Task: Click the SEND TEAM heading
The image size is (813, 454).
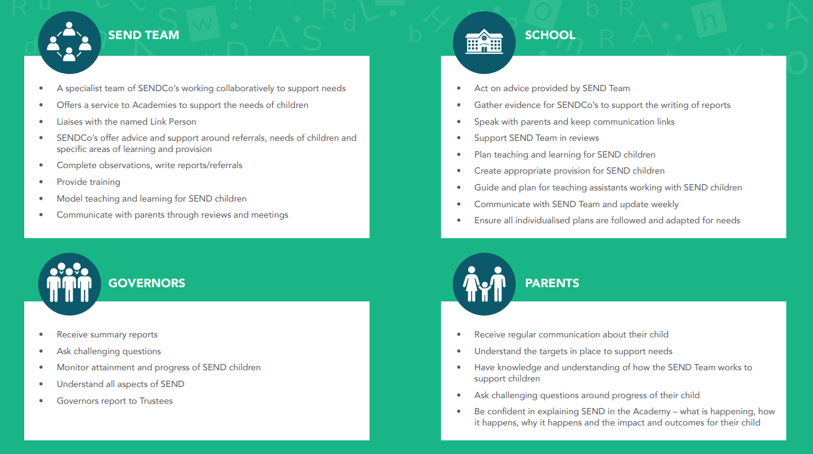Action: click(x=143, y=35)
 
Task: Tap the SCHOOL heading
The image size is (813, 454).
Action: click(x=550, y=35)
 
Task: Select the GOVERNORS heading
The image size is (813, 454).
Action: click(x=147, y=283)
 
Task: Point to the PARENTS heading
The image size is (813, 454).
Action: click(x=552, y=283)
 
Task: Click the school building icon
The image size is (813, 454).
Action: click(x=484, y=42)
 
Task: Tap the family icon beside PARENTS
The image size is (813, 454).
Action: click(x=484, y=284)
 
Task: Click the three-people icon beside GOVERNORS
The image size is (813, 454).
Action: click(x=69, y=283)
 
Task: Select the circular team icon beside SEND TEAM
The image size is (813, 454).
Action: click(x=69, y=42)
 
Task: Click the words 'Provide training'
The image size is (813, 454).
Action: click(x=88, y=182)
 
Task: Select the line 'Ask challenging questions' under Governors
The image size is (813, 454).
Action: click(x=109, y=352)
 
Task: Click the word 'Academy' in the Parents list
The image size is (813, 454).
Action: click(x=652, y=412)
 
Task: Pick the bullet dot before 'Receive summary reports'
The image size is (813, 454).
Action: click(x=41, y=334)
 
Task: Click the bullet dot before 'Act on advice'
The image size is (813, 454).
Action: click(x=459, y=88)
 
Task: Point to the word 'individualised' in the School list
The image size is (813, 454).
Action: click(x=542, y=220)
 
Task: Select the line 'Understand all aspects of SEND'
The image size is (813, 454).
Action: click(x=120, y=384)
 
